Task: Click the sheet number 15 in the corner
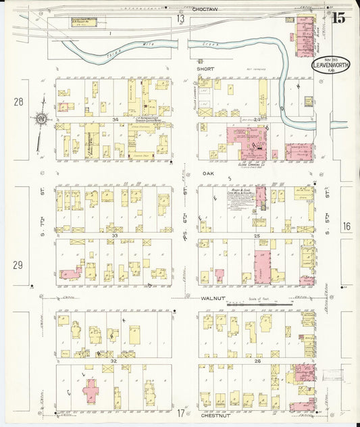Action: (338, 18)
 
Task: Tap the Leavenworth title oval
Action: (330, 66)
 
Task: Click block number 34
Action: (115, 120)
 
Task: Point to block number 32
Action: (114, 362)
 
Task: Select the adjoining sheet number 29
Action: (18, 265)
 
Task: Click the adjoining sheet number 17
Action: (180, 413)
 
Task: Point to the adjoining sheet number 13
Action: (180, 19)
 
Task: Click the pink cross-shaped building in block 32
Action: (91, 391)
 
